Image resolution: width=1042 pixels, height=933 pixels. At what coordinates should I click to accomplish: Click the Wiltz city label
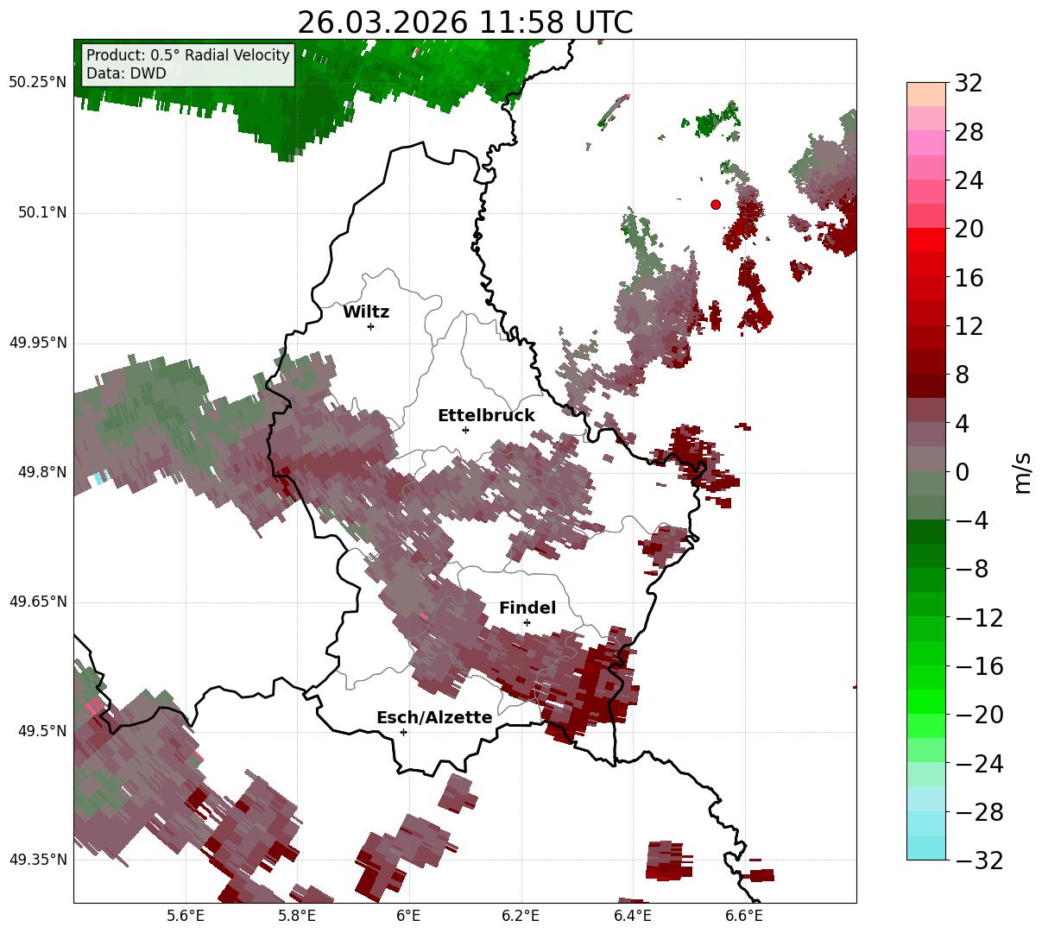point(366,312)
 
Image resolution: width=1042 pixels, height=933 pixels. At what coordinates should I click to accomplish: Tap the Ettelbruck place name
point(486,416)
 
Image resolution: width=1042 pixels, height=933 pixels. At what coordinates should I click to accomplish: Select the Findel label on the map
point(527,608)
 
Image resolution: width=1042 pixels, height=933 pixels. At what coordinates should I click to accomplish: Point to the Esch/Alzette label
point(434,718)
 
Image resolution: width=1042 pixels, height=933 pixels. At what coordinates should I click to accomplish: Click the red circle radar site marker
point(716,205)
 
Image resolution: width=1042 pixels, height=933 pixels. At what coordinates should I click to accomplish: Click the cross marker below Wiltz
point(370,326)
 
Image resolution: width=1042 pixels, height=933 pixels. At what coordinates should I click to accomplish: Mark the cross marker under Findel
point(527,622)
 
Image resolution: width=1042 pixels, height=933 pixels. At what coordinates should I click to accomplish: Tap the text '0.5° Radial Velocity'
point(220,55)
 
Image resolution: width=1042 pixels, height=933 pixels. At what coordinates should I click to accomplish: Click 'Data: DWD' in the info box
point(126,73)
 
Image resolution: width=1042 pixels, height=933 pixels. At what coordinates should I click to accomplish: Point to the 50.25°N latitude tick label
point(37,83)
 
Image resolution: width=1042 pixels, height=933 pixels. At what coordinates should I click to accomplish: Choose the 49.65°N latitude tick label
point(37,602)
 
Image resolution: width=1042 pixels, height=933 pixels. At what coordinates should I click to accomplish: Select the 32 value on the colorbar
point(969,84)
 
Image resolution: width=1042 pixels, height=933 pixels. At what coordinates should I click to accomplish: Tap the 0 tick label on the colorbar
point(962,472)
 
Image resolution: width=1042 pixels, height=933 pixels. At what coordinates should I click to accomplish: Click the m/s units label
point(1023,472)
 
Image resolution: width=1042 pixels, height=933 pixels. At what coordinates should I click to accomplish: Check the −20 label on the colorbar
point(978,715)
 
